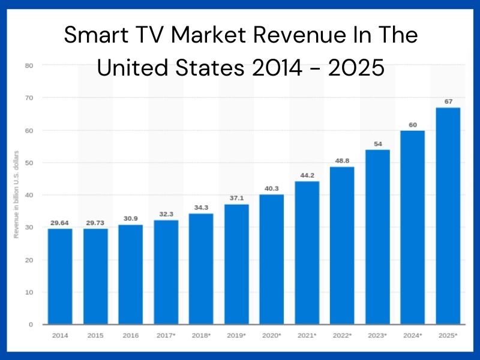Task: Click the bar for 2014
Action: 60,276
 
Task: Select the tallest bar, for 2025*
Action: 448,216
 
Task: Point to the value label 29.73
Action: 95,223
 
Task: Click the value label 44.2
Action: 307,175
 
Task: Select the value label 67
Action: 448,102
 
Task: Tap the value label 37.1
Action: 236,199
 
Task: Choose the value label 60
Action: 413,125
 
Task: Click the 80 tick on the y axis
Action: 29,65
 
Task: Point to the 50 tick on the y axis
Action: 29,163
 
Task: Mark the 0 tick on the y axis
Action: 31,325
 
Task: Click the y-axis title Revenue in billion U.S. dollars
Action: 17,194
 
